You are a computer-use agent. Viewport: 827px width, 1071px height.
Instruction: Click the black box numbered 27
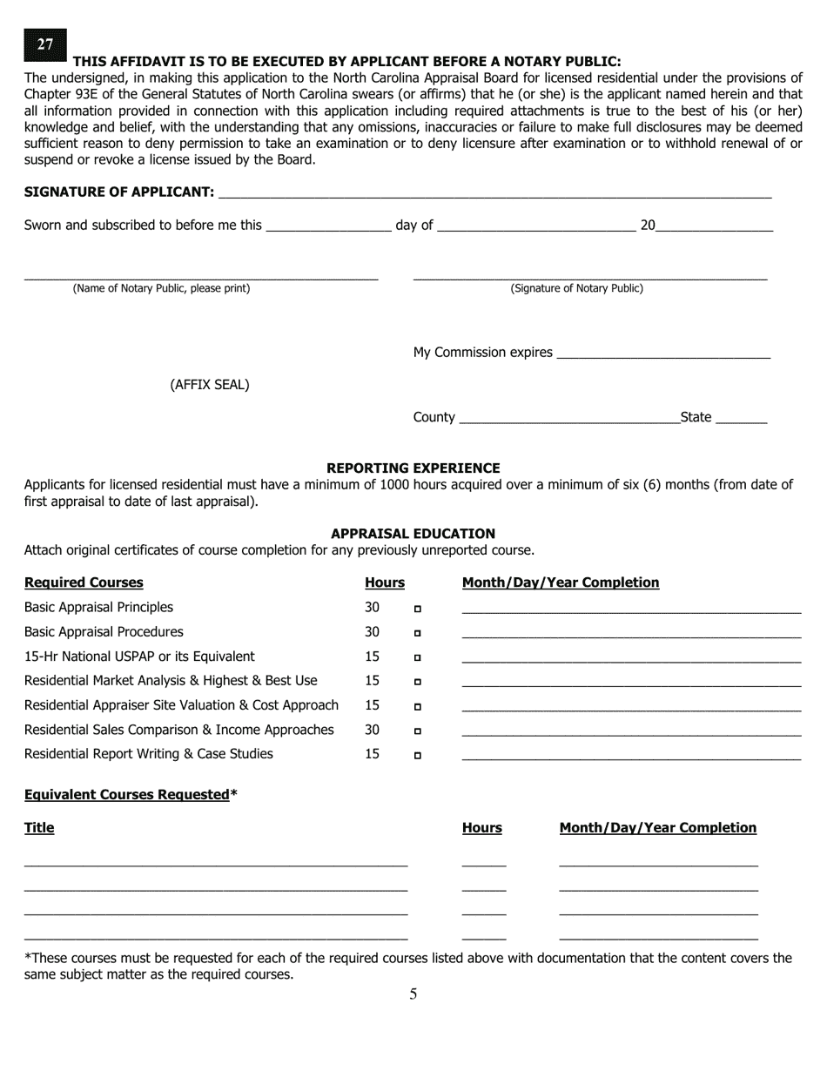[x=45, y=44]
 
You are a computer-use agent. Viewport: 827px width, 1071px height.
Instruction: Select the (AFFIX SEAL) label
[x=210, y=385]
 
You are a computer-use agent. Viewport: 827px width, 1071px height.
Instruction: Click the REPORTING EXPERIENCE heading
[x=413, y=468]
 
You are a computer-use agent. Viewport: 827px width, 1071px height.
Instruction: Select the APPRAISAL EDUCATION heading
[x=413, y=534]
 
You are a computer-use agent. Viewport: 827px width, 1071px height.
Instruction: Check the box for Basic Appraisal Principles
[x=418, y=609]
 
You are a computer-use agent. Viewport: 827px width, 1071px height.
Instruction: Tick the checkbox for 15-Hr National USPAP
[x=418, y=657]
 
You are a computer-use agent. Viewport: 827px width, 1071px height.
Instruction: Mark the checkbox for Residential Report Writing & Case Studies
[x=418, y=756]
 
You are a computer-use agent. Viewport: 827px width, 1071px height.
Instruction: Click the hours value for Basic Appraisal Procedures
[x=372, y=632]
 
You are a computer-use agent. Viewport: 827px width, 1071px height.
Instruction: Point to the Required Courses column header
[x=84, y=583]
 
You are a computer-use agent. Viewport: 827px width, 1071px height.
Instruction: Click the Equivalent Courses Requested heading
[x=131, y=795]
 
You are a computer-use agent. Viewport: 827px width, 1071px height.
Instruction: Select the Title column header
[x=39, y=828]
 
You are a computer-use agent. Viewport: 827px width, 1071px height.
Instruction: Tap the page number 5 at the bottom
[x=413, y=994]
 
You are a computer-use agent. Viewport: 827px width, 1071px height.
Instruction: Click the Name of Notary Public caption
[x=161, y=288]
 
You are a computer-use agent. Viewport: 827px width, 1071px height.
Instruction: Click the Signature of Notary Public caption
[x=576, y=288]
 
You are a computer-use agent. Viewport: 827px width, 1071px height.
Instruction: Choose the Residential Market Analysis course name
[x=171, y=681]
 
